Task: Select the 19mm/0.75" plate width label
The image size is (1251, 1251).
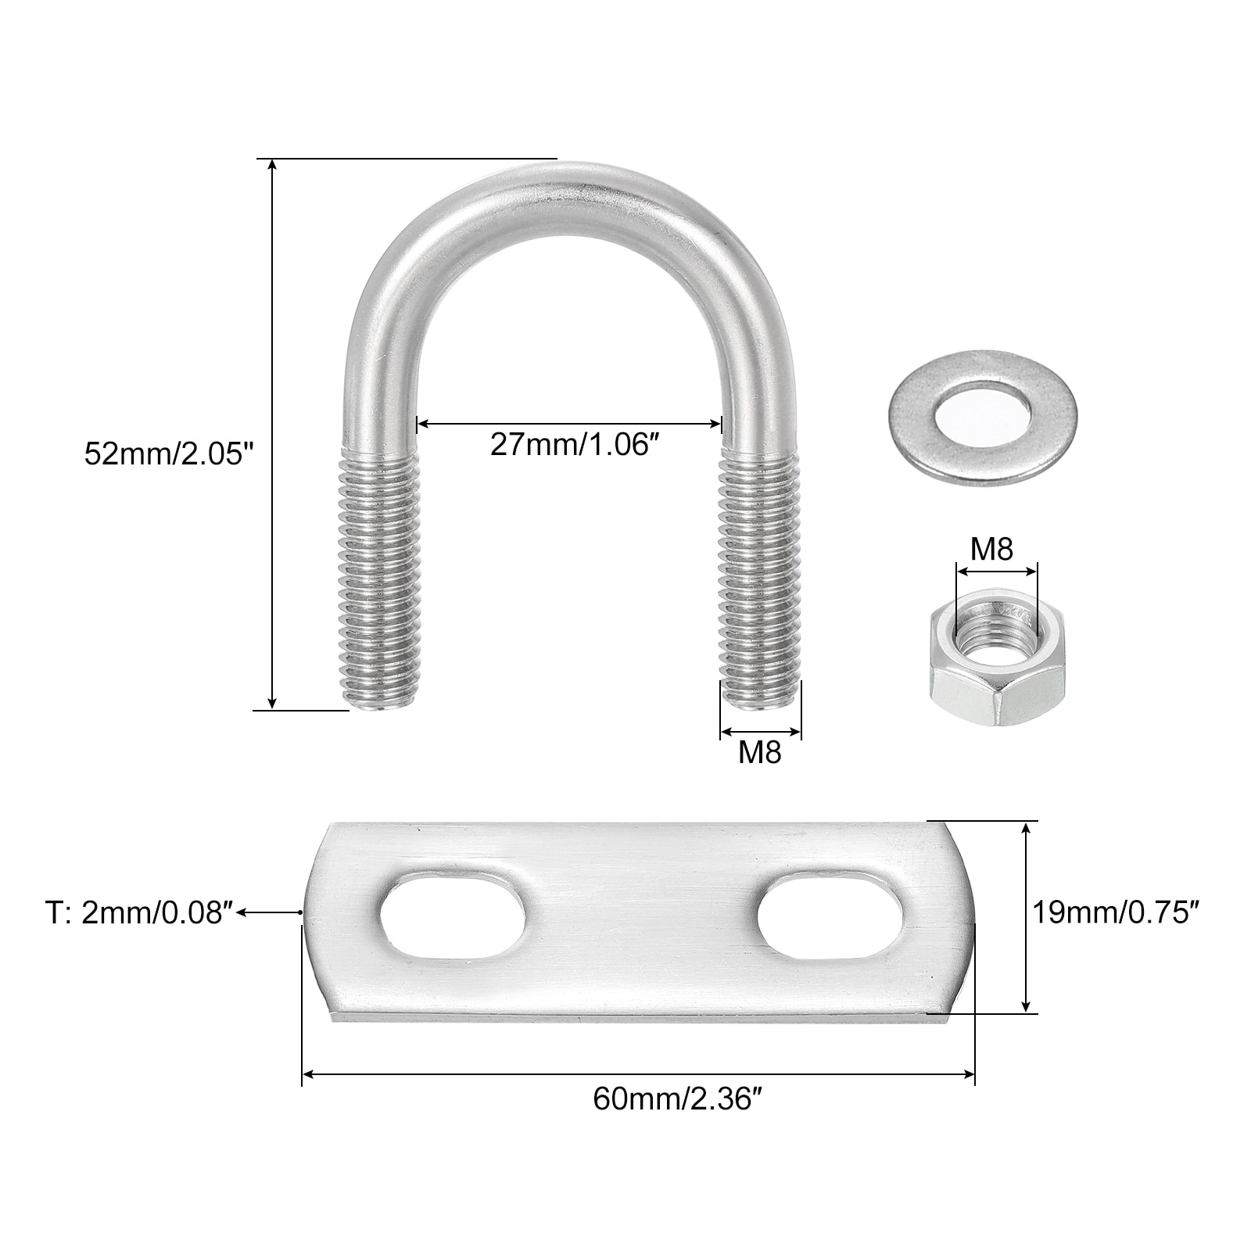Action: point(1116,912)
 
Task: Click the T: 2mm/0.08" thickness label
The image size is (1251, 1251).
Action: point(139,912)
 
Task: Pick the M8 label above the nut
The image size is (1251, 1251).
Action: point(991,550)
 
